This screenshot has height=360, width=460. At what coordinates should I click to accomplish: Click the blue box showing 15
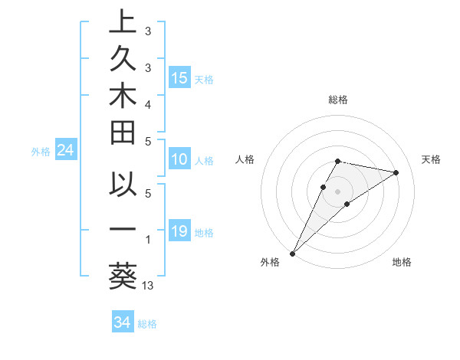click(x=179, y=77)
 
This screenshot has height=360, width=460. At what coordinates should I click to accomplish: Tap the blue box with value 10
click(x=179, y=159)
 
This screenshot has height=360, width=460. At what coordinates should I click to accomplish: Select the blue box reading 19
click(x=179, y=231)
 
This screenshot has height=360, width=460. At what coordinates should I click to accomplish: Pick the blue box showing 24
click(x=66, y=151)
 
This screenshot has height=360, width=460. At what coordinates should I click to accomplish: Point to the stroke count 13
click(x=149, y=286)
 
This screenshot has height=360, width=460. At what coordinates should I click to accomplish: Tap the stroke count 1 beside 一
click(x=148, y=240)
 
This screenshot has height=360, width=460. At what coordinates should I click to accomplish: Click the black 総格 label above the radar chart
click(x=338, y=100)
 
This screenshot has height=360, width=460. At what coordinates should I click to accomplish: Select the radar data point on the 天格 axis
click(x=396, y=172)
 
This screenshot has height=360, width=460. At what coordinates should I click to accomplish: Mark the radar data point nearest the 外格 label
click(x=293, y=253)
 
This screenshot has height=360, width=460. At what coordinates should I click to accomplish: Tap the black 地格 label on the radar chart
click(x=402, y=263)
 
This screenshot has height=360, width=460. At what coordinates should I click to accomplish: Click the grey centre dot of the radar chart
click(x=338, y=191)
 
